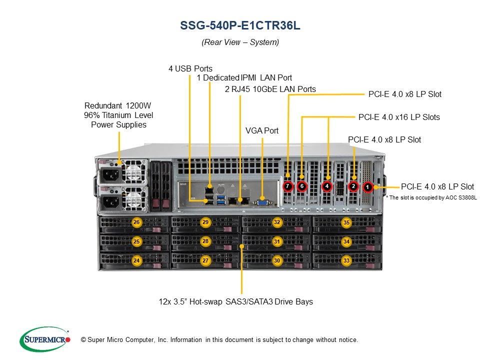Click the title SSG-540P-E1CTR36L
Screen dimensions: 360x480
pos(240,25)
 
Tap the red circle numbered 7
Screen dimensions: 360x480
pos(287,186)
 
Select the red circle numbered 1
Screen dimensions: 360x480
pos(367,187)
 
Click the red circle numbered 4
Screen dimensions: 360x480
pos(326,186)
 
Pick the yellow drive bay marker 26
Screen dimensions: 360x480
pos(136,222)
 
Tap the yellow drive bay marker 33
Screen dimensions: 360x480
pos(346,260)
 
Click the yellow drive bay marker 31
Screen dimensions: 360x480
pos(276,241)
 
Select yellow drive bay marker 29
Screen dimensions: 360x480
pos(205,222)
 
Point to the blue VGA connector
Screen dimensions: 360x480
pos(262,201)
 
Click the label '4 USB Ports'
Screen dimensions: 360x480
pos(190,68)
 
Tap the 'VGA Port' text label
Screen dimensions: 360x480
pos(262,130)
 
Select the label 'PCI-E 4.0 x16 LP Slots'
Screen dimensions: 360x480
pos(399,117)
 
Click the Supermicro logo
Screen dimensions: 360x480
pos(44,339)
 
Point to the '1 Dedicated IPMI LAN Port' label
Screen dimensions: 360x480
pos(244,78)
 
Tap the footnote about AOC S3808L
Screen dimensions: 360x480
pos(431,198)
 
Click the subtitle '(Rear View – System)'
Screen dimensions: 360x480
pos(240,42)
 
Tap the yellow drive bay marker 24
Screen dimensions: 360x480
pos(136,260)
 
